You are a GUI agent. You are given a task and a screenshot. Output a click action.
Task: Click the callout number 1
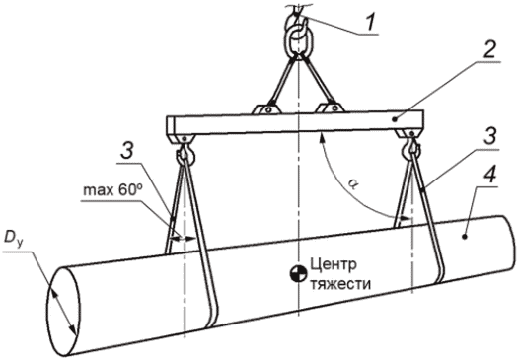[x=370, y=22]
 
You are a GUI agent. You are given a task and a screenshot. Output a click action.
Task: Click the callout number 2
[x=488, y=50]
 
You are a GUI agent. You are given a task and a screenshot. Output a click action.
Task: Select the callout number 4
[x=489, y=174]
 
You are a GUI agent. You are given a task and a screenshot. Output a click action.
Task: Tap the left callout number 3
[x=127, y=151]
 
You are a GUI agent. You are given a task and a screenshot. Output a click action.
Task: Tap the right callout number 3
[x=489, y=136]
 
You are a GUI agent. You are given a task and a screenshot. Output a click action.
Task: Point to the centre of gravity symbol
[x=298, y=274]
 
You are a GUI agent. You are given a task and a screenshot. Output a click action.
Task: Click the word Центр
[x=334, y=264]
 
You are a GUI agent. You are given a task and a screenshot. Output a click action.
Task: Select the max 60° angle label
[x=112, y=191]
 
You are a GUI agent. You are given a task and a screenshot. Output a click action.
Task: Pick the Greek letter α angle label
[x=352, y=185]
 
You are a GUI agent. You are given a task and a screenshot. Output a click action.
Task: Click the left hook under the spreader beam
[x=185, y=153]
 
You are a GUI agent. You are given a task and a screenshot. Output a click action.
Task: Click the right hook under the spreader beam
[x=410, y=148]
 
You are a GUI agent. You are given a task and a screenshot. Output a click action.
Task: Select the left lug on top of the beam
[x=266, y=109]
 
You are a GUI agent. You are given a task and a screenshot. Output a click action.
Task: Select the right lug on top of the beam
[x=330, y=108]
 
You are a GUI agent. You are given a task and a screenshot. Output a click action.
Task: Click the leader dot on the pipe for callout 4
[x=465, y=237]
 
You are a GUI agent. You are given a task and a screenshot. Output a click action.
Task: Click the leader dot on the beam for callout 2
[x=394, y=119]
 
